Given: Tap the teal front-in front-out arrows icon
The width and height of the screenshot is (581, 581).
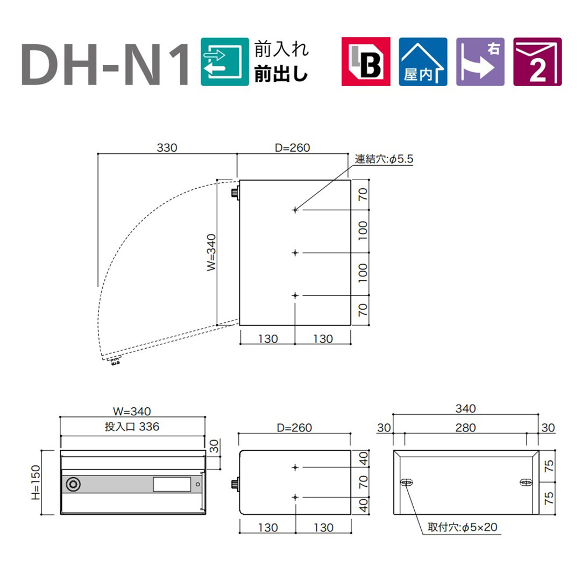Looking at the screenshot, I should (224, 62).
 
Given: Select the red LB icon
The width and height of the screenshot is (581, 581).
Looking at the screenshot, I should (366, 62).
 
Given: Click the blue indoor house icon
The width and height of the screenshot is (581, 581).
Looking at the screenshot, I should (423, 62).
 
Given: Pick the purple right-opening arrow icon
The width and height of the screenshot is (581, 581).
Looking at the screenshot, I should (480, 62).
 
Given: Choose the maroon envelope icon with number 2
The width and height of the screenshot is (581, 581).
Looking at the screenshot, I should (537, 62).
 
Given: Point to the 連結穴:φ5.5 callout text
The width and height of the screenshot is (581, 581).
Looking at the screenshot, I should (384, 159).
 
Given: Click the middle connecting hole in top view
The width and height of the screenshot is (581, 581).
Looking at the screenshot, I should (295, 252).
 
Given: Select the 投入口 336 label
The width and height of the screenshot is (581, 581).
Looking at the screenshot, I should (133, 427).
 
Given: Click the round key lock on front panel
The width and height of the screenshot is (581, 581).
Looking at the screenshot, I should (72, 485).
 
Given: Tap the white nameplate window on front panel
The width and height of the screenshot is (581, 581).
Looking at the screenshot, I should (172, 485).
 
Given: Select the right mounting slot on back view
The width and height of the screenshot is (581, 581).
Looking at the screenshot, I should (525, 483).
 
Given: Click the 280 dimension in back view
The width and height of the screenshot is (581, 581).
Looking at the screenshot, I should (465, 428).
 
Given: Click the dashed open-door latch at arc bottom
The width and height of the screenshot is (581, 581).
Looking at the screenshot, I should (114, 362).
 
